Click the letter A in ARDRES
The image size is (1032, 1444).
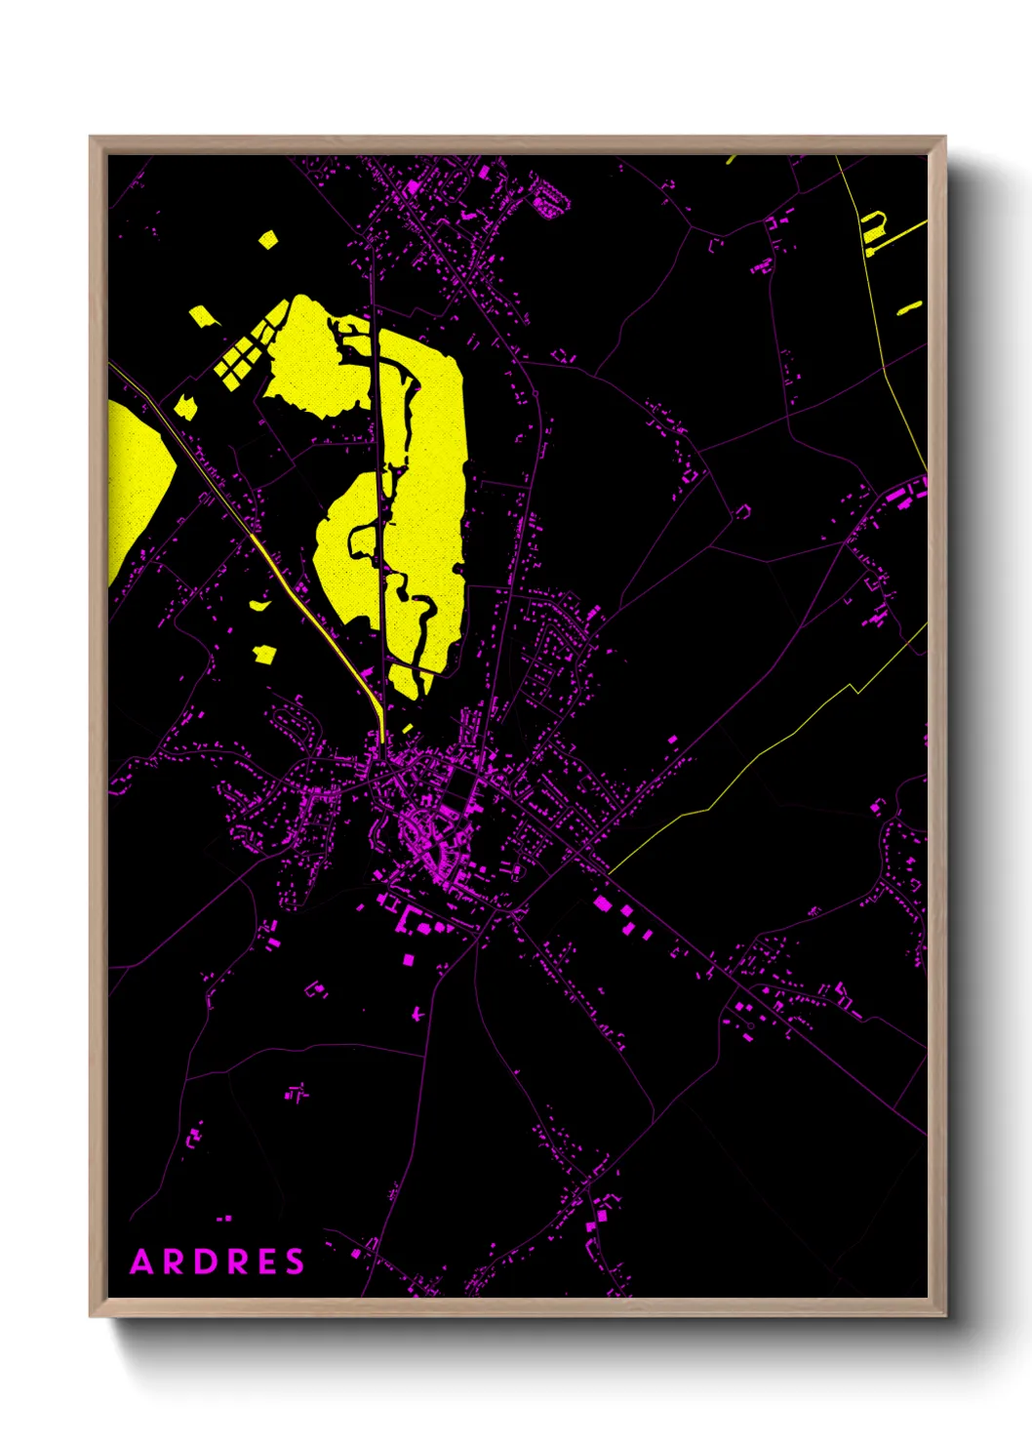tap(142, 1262)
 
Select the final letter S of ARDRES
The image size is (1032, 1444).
tap(295, 1262)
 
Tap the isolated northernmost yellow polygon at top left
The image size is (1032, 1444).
tap(267, 238)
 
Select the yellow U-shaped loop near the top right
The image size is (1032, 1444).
tap(873, 226)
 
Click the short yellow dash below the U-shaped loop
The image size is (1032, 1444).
tap(909, 308)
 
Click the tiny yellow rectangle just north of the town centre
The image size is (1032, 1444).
tap(407, 728)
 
